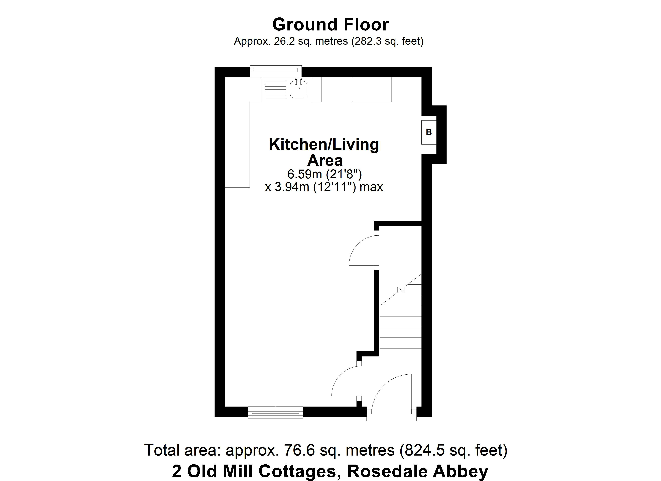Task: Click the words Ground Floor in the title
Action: (x=330, y=24)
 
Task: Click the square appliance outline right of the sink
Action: (x=372, y=90)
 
